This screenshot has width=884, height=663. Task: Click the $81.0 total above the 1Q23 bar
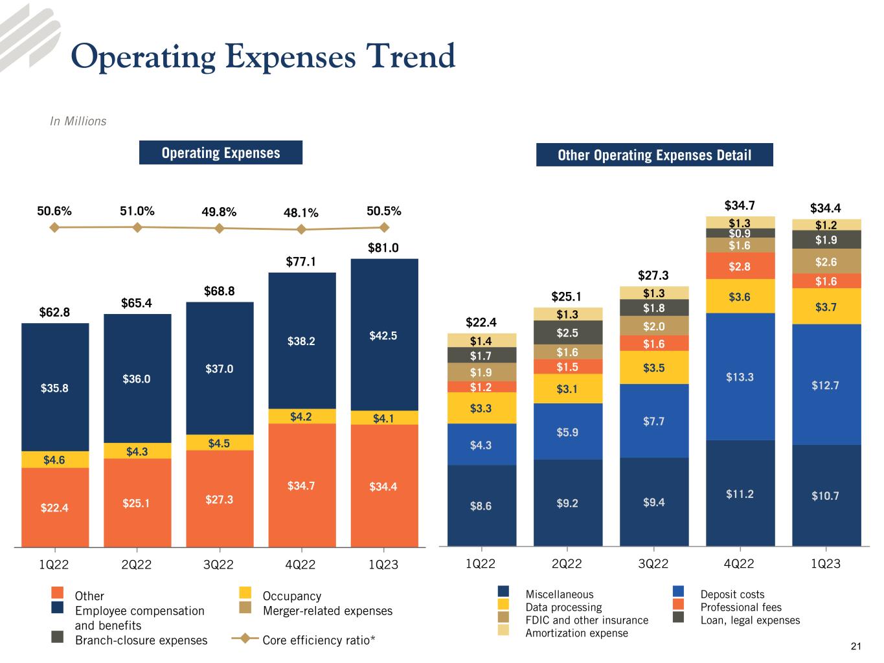(383, 248)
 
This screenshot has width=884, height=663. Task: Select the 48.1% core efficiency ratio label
(301, 212)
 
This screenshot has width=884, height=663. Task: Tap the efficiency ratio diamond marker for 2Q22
(137, 227)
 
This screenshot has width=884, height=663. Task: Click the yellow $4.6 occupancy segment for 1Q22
(54, 460)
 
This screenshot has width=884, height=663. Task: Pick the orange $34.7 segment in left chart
(301, 485)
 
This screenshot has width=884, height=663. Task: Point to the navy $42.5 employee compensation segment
(383, 335)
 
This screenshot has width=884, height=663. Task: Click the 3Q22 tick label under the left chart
(218, 565)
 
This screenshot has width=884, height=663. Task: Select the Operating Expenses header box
(221, 153)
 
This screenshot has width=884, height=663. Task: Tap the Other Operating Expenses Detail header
(654, 155)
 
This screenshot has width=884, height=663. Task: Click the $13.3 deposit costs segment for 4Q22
(740, 377)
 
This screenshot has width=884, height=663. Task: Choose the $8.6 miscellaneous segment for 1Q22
(481, 506)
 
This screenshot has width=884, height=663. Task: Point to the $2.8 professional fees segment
(740, 266)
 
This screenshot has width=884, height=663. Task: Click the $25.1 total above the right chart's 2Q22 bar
(567, 297)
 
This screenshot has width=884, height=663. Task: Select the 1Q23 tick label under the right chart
(826, 564)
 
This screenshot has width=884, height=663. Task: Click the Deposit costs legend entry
(732, 594)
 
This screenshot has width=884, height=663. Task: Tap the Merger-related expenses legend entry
(327, 611)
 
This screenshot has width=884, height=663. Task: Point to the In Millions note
(78, 121)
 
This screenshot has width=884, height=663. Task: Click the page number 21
(856, 646)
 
